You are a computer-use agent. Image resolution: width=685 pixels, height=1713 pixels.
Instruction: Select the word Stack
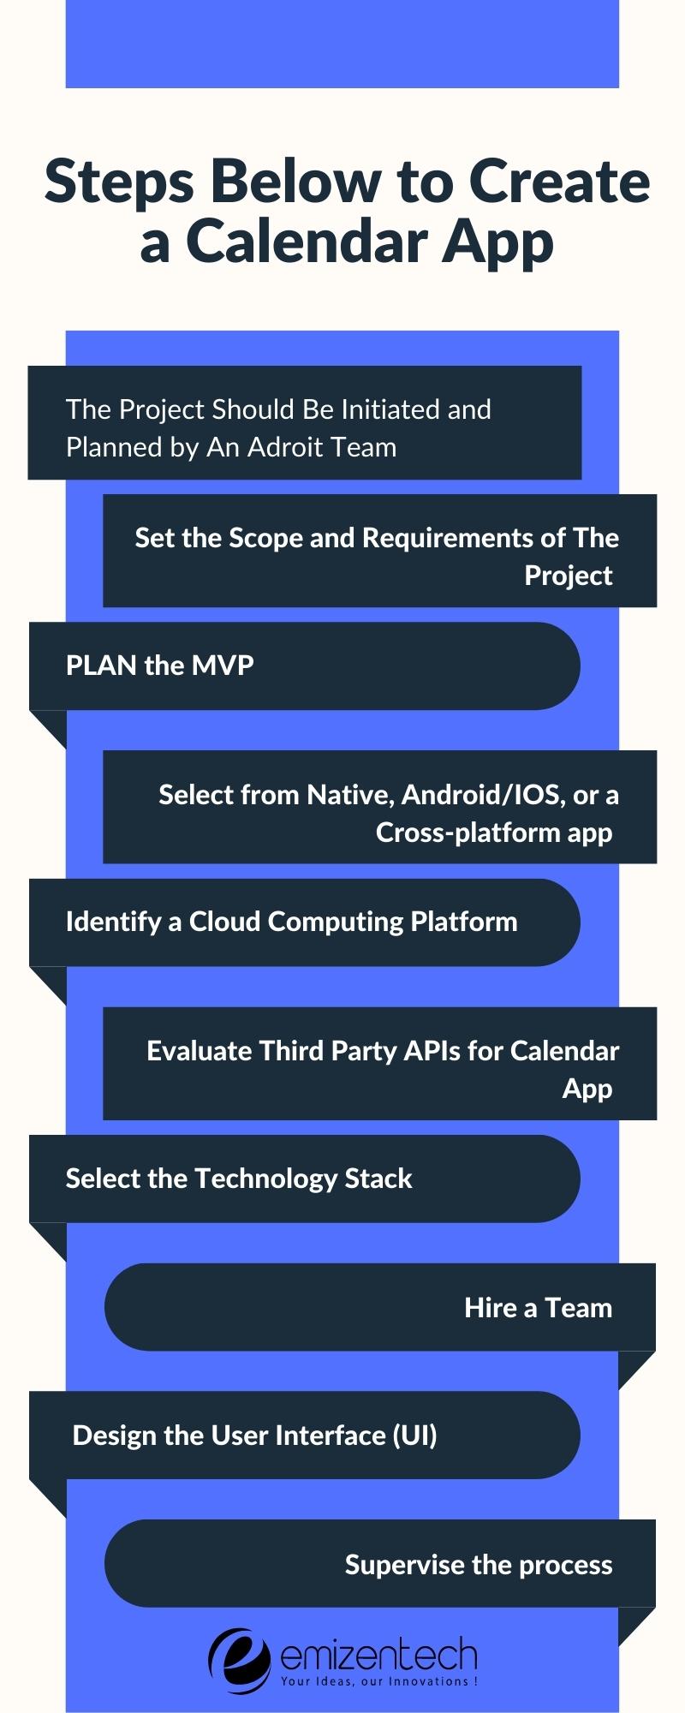378,1179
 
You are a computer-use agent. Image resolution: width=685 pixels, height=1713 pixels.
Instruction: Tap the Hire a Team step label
538,1308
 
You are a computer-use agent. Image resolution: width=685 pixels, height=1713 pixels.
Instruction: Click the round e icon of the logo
240,1661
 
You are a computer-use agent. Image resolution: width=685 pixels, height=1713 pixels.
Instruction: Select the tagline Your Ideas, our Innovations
379,1681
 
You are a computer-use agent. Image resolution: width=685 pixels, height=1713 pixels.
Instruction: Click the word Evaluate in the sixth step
200,1051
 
